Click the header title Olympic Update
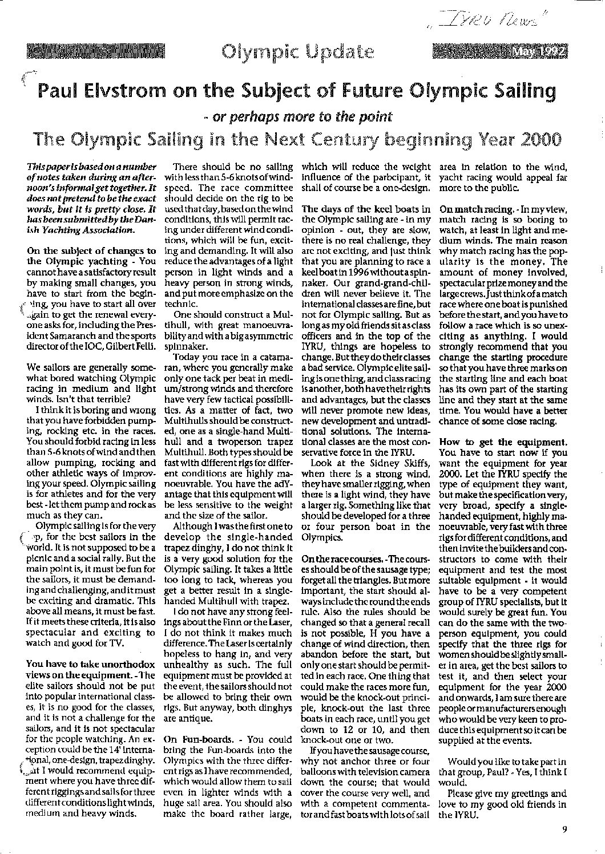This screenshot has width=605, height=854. pyautogui.click(x=298, y=52)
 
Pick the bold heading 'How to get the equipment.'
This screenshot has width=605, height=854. pyautogui.click(x=503, y=442)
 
